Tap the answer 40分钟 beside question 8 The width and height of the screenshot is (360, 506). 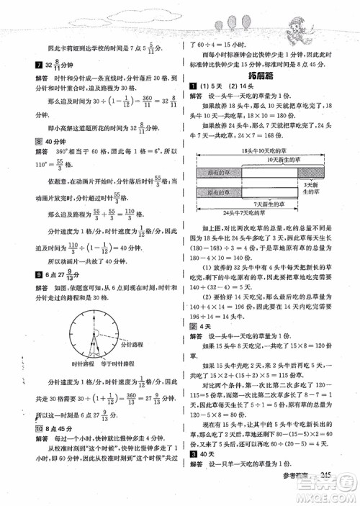click(x=41, y=162)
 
